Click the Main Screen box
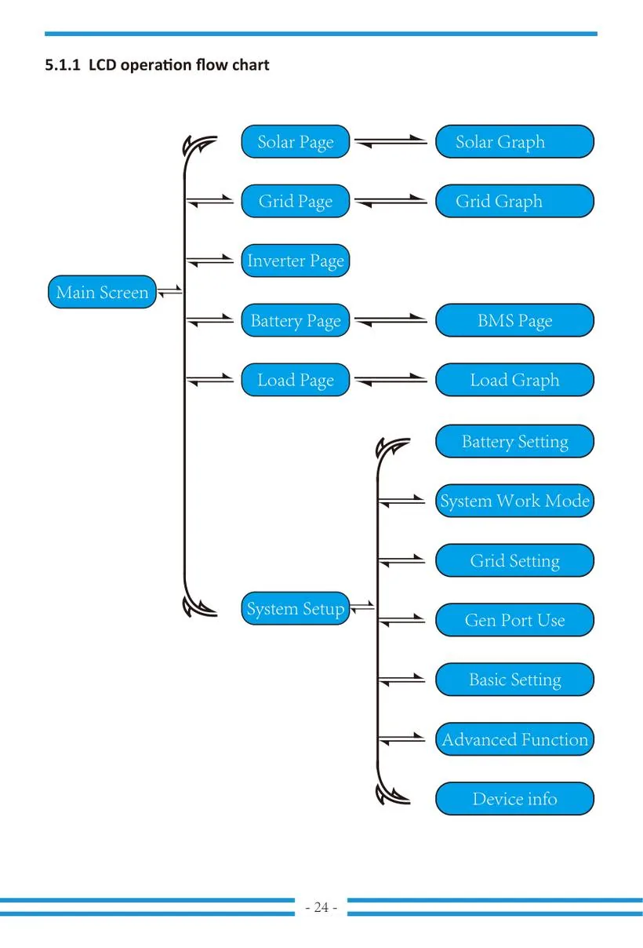click(x=102, y=292)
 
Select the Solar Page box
click(x=296, y=141)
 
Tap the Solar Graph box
click(x=514, y=141)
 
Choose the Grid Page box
click(x=296, y=201)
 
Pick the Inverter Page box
click(x=296, y=261)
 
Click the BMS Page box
click(x=514, y=320)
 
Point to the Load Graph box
click(x=514, y=380)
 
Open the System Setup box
click(x=296, y=608)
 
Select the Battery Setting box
click(x=514, y=441)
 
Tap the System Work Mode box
click(x=514, y=501)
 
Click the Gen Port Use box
click(x=514, y=620)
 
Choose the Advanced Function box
click(x=514, y=739)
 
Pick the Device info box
click(x=514, y=799)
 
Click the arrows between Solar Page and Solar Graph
click(x=391, y=141)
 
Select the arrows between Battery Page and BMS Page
click(x=391, y=320)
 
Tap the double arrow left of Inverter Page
click(x=210, y=261)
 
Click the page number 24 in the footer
click(x=321, y=907)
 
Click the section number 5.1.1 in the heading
click(x=63, y=65)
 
